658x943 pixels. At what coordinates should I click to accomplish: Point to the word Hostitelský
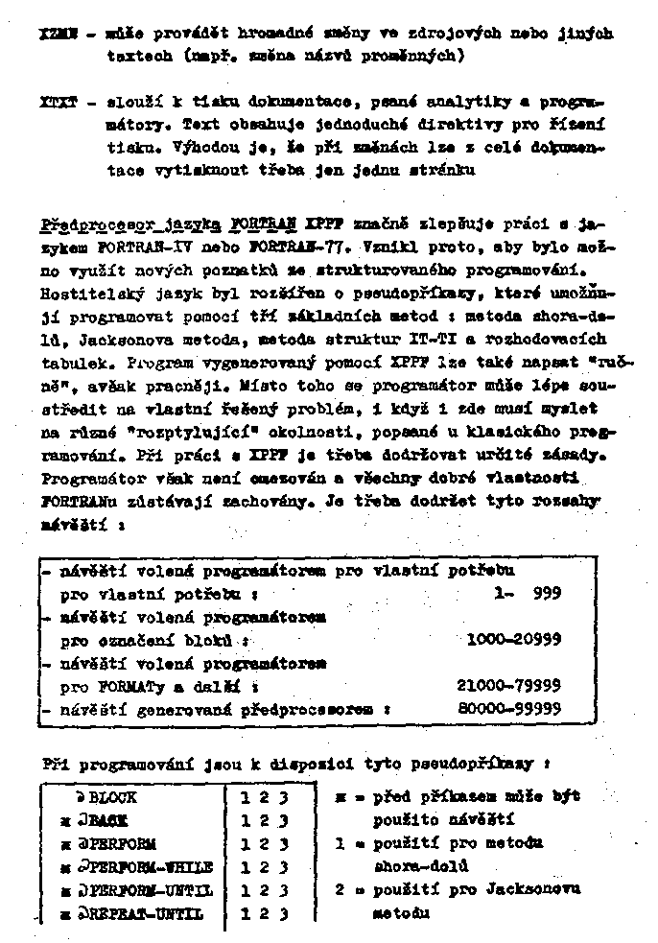[93, 289]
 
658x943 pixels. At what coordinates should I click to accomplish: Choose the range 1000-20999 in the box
[513, 640]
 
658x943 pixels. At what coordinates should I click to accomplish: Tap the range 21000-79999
[508, 687]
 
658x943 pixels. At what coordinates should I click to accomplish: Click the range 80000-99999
[509, 710]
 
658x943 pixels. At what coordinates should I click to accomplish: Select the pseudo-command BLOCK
[112, 798]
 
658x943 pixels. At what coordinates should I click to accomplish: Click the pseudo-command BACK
[108, 821]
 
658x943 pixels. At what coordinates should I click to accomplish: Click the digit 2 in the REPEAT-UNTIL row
[261, 914]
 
